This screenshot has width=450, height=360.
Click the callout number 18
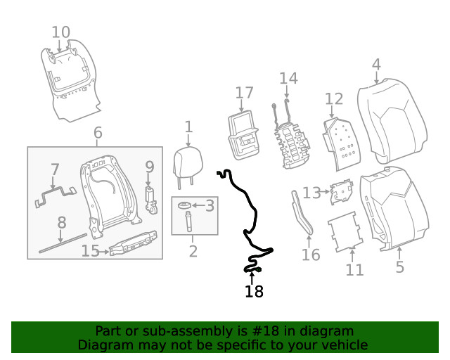pos(254,292)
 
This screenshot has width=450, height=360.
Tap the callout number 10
pos(61,32)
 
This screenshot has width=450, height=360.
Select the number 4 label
pos(376,65)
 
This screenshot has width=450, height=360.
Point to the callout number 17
pos(244,93)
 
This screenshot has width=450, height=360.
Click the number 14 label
pos(288,77)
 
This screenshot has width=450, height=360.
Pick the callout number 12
pos(334,98)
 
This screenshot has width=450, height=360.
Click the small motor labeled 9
pos(150,200)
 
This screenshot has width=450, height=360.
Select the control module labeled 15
pos(134,243)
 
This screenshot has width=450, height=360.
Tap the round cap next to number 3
pos(184,205)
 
